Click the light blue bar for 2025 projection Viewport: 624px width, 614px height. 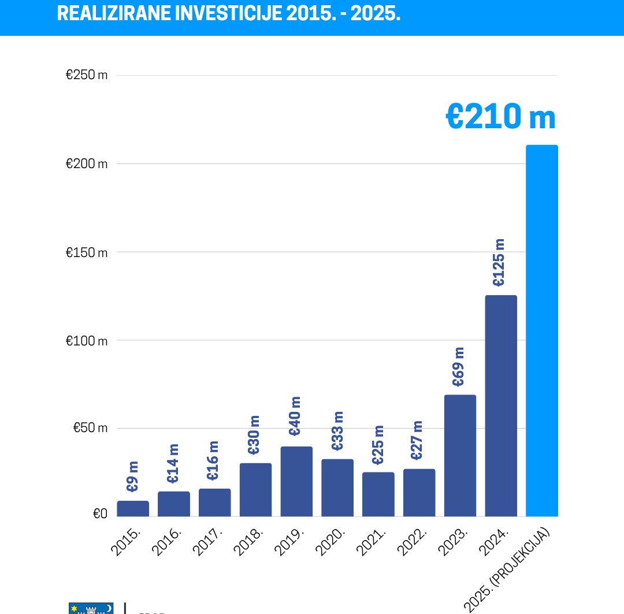point(542,330)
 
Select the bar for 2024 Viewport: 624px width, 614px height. point(501,405)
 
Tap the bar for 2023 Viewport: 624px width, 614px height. point(460,455)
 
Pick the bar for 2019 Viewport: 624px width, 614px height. point(296,481)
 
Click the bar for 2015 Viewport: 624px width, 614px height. point(133,508)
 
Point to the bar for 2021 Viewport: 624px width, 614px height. point(378,494)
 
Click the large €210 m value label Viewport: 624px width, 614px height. point(500,117)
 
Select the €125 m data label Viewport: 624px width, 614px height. point(499,262)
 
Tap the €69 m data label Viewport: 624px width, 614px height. point(458,367)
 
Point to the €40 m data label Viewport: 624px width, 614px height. point(295,416)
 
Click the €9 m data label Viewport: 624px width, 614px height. point(133,476)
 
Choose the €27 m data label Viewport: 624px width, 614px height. point(417,440)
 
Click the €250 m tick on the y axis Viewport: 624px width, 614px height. point(87,75)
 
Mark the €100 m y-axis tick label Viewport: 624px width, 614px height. point(87,341)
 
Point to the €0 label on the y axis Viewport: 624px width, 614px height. point(100,513)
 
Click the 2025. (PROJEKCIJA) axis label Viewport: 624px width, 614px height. point(507,569)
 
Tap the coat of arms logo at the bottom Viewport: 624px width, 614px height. point(91,609)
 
